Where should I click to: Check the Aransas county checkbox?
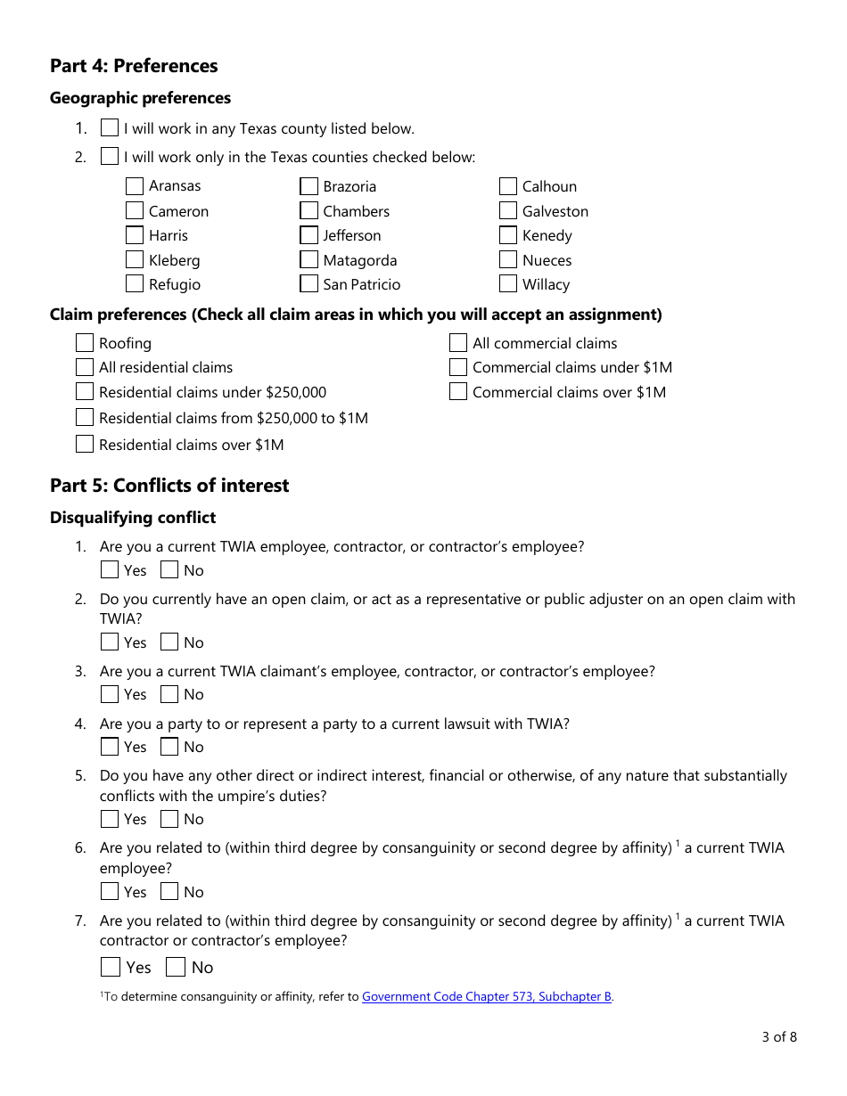click(135, 186)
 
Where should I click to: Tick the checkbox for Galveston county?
click(508, 211)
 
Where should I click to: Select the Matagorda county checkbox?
click(308, 260)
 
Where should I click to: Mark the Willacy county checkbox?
click(508, 284)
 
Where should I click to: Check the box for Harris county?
click(135, 235)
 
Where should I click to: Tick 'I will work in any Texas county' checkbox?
click(110, 128)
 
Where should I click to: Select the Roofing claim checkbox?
click(85, 343)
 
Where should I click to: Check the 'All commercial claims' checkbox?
click(458, 343)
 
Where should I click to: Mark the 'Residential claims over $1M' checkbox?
click(85, 444)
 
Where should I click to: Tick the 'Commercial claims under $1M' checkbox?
click(458, 367)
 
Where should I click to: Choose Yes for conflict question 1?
click(110, 570)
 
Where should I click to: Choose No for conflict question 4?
click(169, 747)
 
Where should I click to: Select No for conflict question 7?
click(176, 967)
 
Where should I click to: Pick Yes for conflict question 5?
click(110, 819)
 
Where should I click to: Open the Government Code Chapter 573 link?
click(487, 997)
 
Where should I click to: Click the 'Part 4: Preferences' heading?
click(134, 66)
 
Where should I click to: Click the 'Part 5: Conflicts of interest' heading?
click(169, 486)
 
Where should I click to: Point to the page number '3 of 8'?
click(778, 1036)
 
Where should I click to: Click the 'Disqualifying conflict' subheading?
click(133, 518)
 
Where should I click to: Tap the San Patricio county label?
click(361, 285)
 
